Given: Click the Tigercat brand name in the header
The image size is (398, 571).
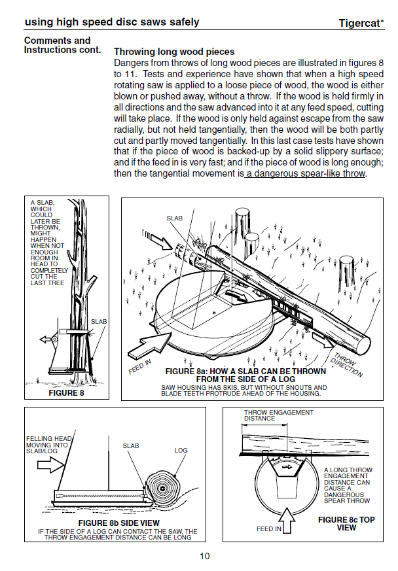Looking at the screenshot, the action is coord(361,23).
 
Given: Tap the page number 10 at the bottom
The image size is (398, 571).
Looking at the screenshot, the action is coord(204,556).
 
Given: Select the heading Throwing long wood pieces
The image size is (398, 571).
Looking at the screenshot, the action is coord(174,52).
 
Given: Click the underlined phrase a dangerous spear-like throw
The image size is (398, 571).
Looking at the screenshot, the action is coord(306,173).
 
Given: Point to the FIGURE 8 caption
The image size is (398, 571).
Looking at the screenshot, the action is coord(66,392).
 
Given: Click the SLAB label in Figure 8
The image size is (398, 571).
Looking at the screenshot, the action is coord(99,322).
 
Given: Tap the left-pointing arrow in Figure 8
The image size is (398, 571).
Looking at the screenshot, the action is coord(45,339).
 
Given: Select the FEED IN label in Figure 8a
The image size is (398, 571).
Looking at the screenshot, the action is coord(139,367).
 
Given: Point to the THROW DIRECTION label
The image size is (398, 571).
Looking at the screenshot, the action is coord(346,365).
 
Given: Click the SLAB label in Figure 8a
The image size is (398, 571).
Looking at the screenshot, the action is coord(175,218).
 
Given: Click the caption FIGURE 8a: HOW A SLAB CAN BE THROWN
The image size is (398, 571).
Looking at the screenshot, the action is coord(245,371).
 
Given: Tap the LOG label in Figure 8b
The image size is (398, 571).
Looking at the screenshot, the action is coord(181,451).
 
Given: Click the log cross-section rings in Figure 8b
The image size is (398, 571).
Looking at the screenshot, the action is coord(162,489).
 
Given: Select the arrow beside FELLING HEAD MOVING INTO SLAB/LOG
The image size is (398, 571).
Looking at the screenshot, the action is coord(50,465).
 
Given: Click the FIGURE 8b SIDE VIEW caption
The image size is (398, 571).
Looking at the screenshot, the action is coord(119,523).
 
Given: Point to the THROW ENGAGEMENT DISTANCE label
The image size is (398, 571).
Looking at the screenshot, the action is coord(279,415).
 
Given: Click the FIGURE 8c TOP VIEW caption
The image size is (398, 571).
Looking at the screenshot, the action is coord(346,524).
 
